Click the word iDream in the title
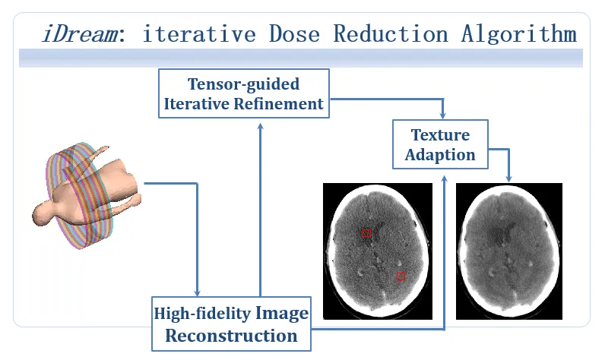tap(81, 33)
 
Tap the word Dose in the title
tap(294, 33)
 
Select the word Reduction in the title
tap(391, 33)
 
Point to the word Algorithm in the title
tap(519, 33)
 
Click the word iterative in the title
tap(199, 33)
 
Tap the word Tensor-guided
tap(243, 84)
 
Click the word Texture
tap(440, 135)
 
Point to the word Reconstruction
tap(231, 336)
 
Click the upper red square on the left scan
tap(366, 233)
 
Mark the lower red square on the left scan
tap(401, 276)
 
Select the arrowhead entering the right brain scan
tap(509, 178)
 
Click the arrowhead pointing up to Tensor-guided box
tap(261, 127)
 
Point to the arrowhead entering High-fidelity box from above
tap(197, 292)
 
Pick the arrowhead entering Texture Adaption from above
tap(443, 115)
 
